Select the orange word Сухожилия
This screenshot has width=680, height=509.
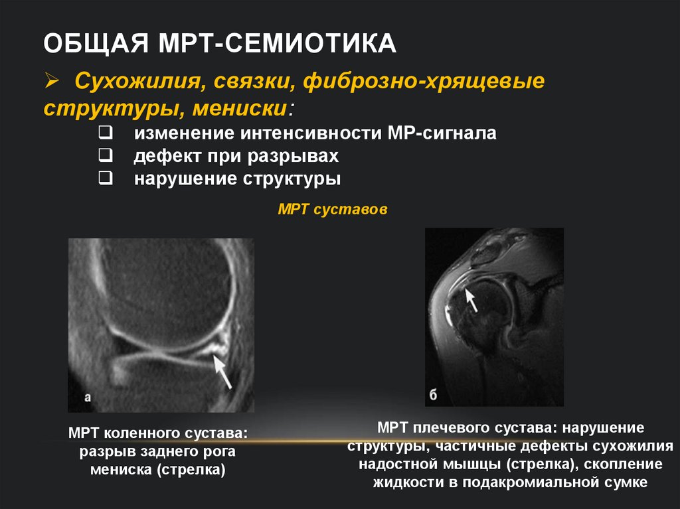coord(133,84)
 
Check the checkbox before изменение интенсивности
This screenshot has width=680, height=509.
coord(104,133)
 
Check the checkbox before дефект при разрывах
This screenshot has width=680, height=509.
coord(104,156)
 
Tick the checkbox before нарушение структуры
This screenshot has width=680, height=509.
coord(104,179)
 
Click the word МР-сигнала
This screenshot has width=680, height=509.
coord(442,133)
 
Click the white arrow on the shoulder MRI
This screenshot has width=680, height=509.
coord(471,299)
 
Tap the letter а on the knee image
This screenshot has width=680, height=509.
coord(88,398)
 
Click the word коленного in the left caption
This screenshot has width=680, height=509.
coord(136,433)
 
